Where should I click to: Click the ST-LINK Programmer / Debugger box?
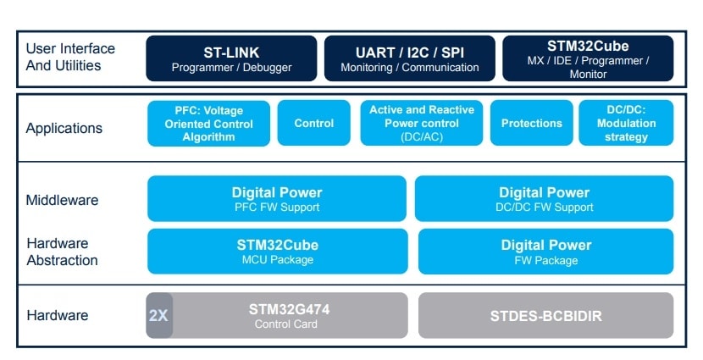(231, 58)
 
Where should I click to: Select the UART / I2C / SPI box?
(409, 58)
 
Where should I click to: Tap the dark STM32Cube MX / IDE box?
(588, 58)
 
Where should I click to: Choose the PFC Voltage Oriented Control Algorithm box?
(208, 124)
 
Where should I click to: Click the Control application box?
(313, 124)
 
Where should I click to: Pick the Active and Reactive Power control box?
(422, 124)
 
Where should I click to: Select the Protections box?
(531, 124)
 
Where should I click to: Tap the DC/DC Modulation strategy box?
(626, 124)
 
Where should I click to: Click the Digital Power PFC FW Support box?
(277, 199)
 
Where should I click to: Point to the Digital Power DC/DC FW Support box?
(544, 199)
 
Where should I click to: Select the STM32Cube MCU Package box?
(277, 252)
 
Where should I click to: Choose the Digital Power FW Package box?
(545, 252)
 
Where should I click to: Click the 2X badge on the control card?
(159, 316)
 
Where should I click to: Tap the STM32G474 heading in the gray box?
(289, 309)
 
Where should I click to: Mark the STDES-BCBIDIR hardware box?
(545, 316)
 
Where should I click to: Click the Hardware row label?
(58, 316)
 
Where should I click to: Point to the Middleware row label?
(62, 201)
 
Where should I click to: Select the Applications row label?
(64, 129)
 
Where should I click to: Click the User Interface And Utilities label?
(70, 57)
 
